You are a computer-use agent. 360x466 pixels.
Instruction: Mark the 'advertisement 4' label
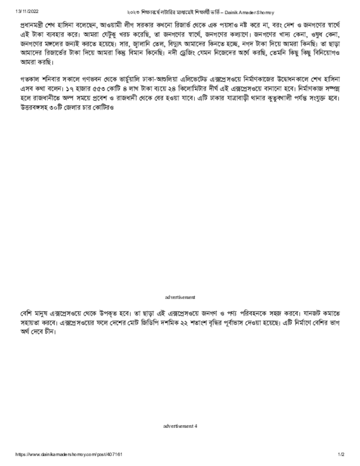point(180,426)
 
